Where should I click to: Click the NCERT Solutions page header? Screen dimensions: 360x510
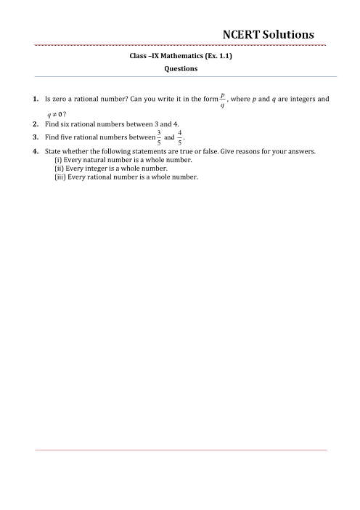click(x=269, y=33)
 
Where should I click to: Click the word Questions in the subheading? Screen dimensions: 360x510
click(x=180, y=69)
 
